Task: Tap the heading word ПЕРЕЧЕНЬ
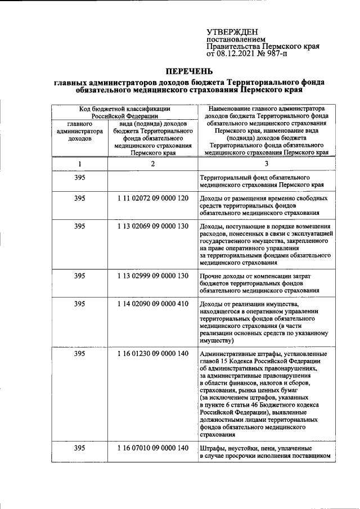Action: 189,71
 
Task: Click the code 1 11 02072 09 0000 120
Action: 152,199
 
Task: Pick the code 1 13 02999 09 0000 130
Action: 152,276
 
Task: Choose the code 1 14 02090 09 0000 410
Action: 152,304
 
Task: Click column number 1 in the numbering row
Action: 79,164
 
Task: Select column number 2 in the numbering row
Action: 152,164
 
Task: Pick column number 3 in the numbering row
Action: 267,164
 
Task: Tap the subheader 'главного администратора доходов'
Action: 79,132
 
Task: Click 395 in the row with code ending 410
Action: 79,304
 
